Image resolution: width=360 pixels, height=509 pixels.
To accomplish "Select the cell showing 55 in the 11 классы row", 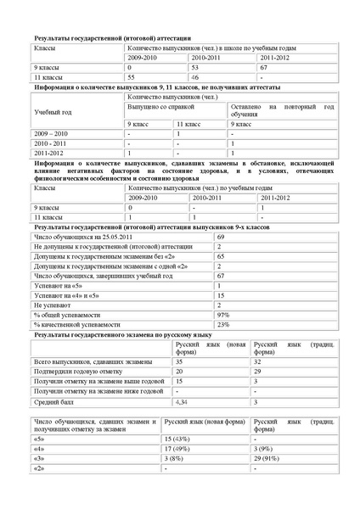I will [130, 76].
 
